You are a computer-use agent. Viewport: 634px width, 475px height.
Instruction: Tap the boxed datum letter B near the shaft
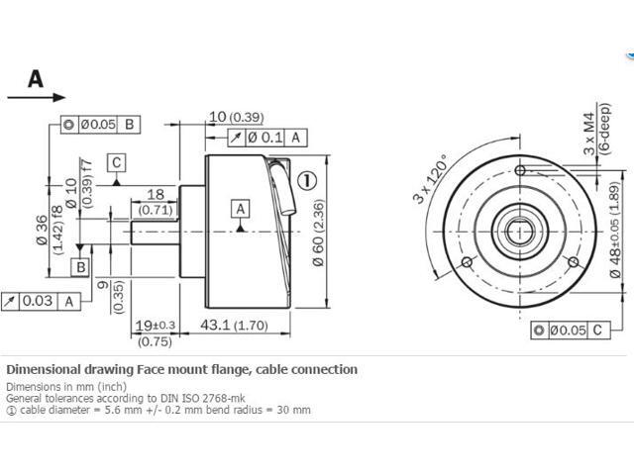coord(80,267)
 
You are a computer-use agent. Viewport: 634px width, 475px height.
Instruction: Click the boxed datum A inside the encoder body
coord(240,208)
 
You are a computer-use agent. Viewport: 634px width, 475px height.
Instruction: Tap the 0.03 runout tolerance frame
coord(42,301)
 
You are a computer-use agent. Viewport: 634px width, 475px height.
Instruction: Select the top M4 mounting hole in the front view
coord(521,171)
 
